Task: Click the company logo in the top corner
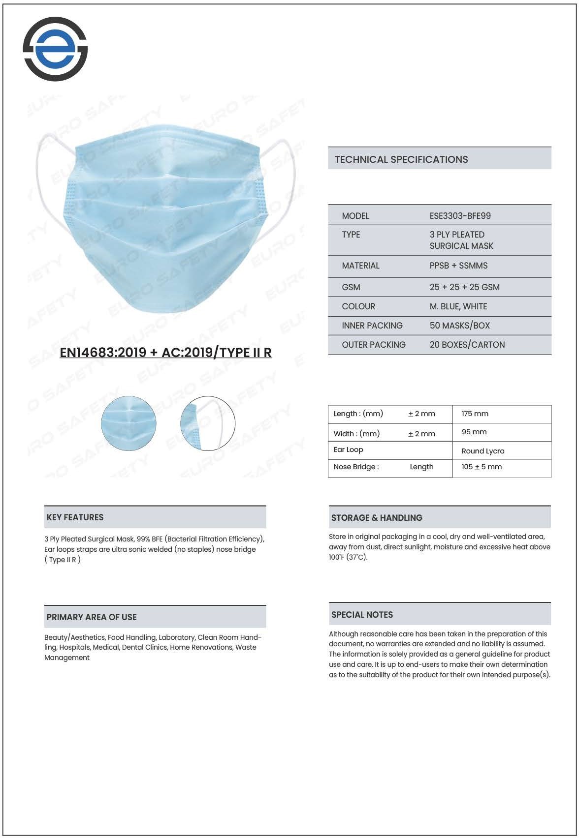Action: (55, 49)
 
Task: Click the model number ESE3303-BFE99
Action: (460, 216)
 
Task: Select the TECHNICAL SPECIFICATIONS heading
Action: (401, 159)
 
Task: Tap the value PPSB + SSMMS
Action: (458, 266)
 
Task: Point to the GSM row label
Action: (351, 287)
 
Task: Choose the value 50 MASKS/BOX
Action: (459, 326)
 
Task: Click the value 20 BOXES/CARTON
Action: (467, 345)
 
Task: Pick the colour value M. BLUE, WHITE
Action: (458, 306)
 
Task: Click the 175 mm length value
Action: (475, 414)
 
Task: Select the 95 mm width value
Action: (474, 432)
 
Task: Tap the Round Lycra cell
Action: (482, 451)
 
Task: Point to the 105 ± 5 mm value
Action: (481, 467)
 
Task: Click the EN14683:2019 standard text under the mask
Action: (165, 353)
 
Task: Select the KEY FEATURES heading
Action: (75, 517)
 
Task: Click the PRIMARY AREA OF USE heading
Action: (92, 617)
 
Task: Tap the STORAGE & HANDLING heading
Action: (377, 518)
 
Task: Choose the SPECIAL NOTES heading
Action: (362, 615)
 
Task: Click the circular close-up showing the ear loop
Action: (208, 423)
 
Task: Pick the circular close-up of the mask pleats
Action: (129, 423)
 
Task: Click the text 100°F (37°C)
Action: (348, 557)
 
